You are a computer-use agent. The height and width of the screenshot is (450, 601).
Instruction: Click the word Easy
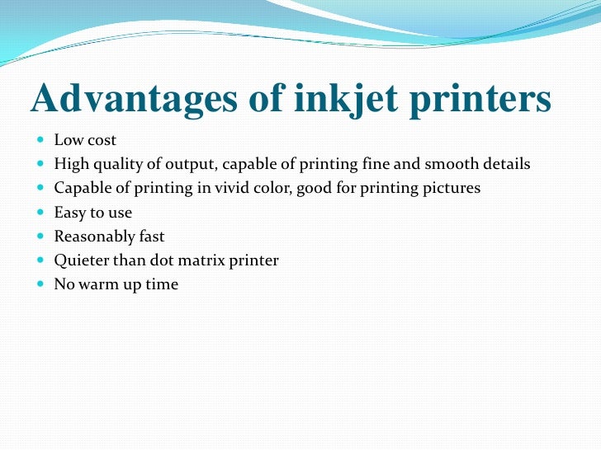click(69, 213)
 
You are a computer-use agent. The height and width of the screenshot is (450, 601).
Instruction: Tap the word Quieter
click(80, 260)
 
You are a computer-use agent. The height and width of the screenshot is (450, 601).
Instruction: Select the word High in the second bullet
click(70, 165)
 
